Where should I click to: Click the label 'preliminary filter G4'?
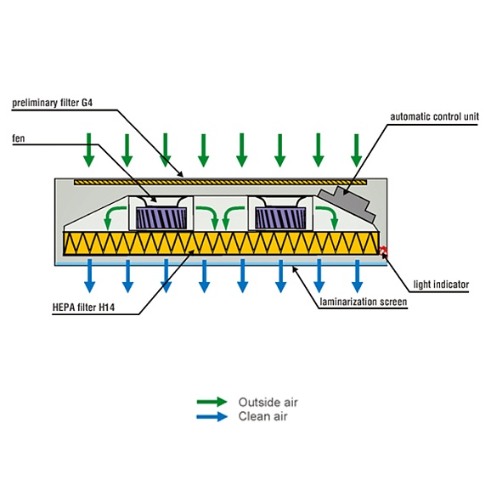pos(53,103)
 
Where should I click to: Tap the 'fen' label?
pos(19,138)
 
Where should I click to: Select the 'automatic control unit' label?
pos(435,116)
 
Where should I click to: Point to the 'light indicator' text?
pos(441,285)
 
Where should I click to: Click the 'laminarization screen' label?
pos(364,302)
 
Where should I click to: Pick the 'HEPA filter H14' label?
pos(83,308)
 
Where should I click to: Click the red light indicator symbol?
pos(383,251)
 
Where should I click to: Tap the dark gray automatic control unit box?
pos(347,204)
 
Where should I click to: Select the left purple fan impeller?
pos(161,217)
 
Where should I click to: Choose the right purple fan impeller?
pos(280,217)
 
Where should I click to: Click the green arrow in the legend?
pos(212,402)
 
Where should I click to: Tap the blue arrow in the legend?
pos(212,416)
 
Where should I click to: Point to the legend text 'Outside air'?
pos(268,402)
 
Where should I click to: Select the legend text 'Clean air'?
pos(262,416)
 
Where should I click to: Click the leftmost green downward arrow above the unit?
pos(89,150)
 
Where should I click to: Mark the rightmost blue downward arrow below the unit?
pos(358,276)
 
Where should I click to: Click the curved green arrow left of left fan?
pos(112,217)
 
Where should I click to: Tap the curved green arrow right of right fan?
pos(328,217)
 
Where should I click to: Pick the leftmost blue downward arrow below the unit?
pos(90,276)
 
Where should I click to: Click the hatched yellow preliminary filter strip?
pos(221,183)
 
